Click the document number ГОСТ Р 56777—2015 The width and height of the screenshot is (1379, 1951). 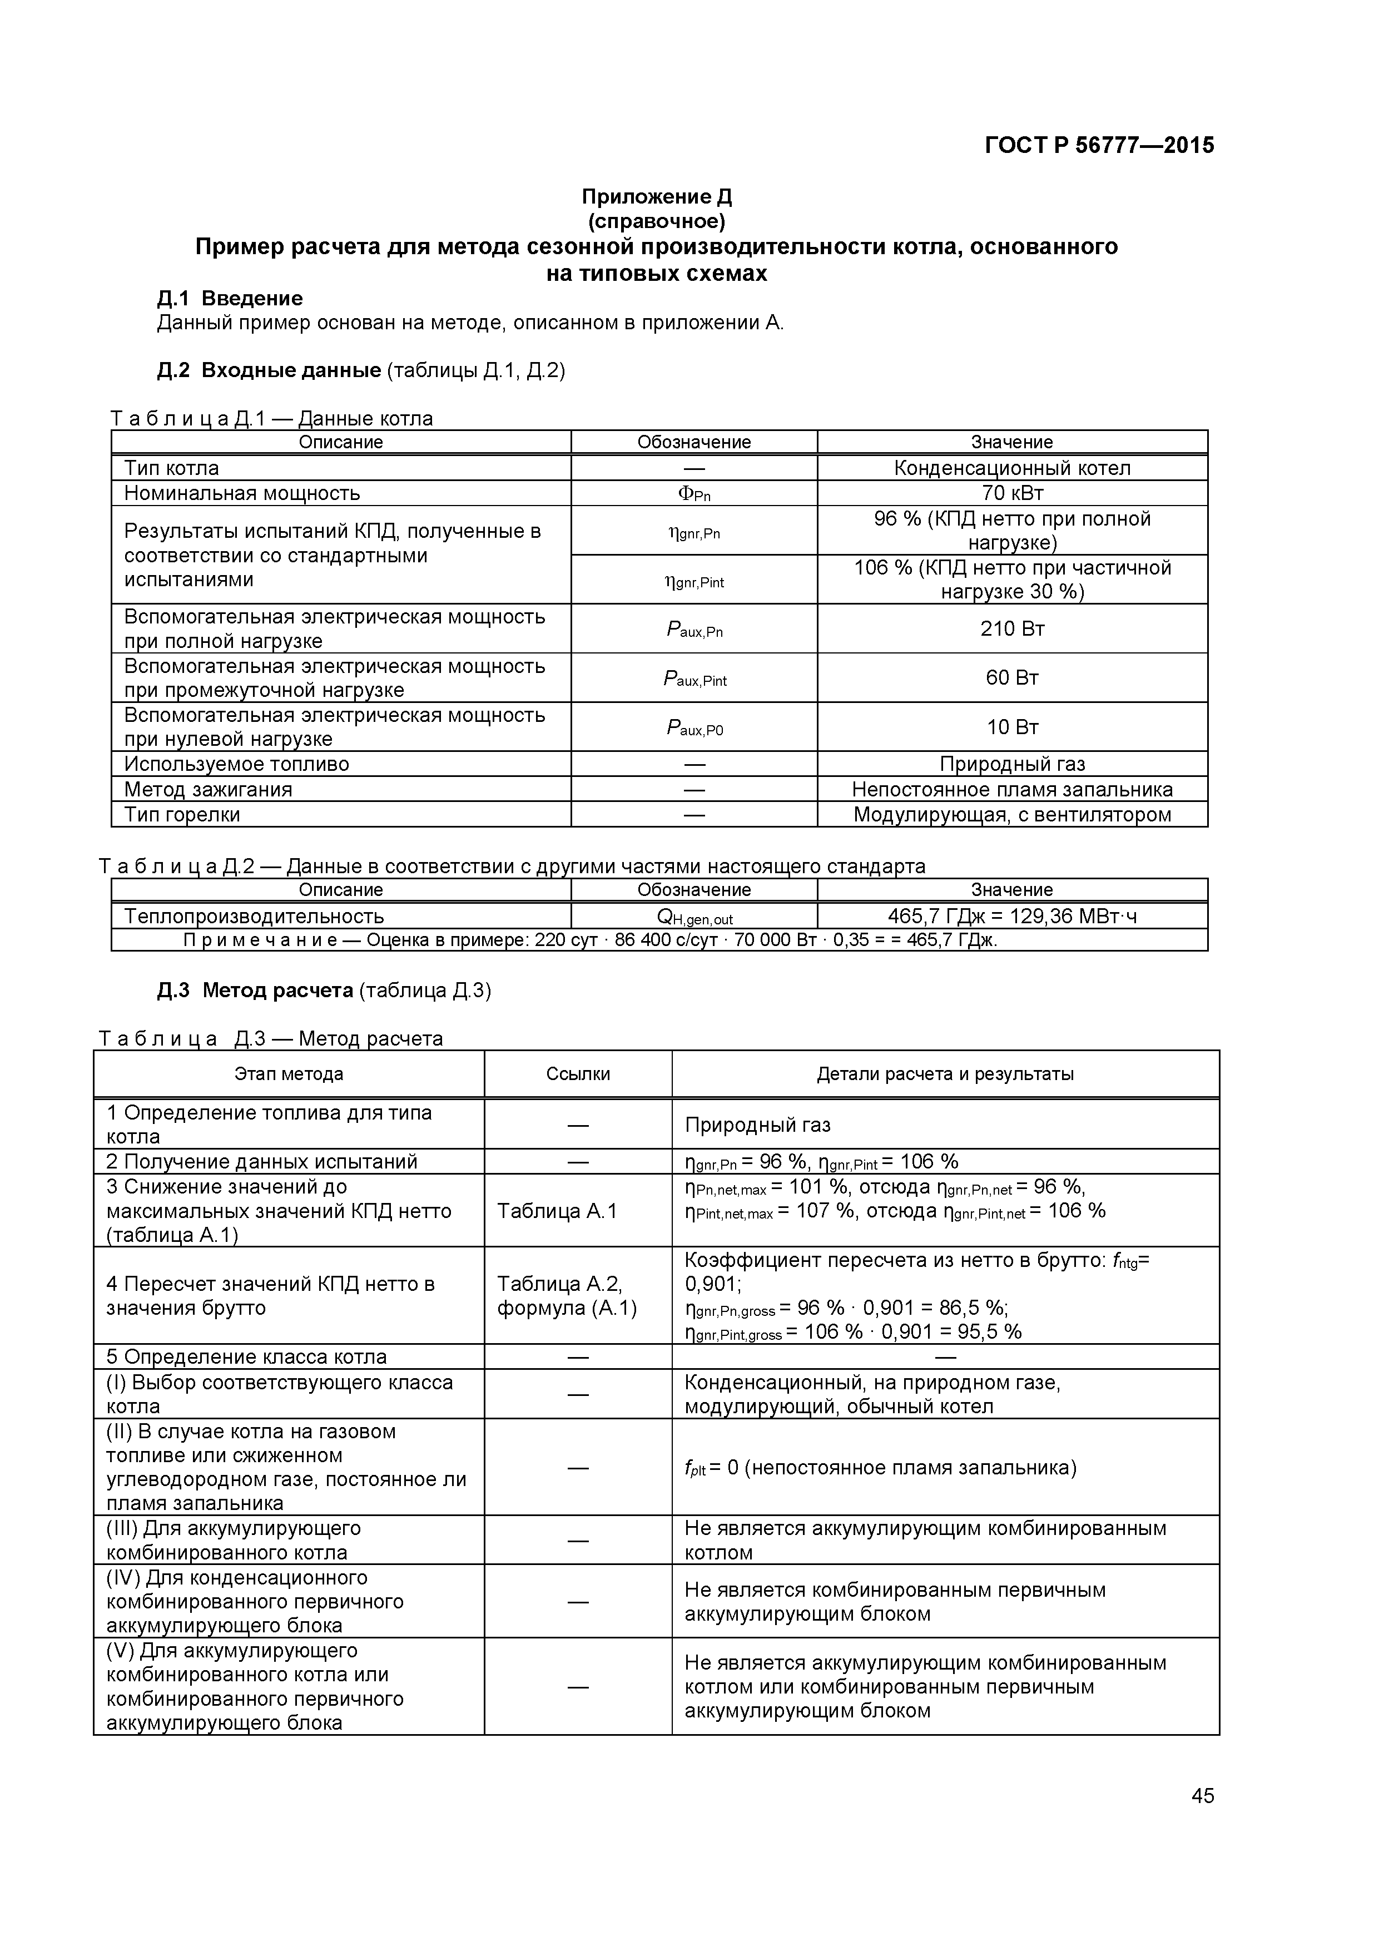click(1099, 145)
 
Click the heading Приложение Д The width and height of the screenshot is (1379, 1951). click(656, 196)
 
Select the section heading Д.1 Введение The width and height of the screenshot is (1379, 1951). click(230, 298)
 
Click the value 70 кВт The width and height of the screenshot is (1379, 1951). click(1012, 493)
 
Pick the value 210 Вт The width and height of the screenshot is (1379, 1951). click(1012, 629)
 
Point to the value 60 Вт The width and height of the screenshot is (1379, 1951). click(1012, 677)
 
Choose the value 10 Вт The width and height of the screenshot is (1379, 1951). click(1012, 726)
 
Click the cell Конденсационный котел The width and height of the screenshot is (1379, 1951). click(1012, 468)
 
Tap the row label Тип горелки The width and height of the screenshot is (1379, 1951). click(183, 814)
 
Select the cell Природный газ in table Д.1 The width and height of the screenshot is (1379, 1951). click(1012, 764)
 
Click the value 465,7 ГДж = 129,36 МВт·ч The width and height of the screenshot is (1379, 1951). click(1012, 916)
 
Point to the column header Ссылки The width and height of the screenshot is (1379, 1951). click(578, 1074)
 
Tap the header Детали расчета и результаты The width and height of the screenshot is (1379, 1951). click(945, 1074)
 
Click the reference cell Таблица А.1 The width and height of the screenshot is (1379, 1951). click(557, 1210)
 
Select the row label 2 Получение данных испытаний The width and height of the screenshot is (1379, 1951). click(262, 1162)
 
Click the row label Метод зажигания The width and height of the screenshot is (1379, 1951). click(208, 789)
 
